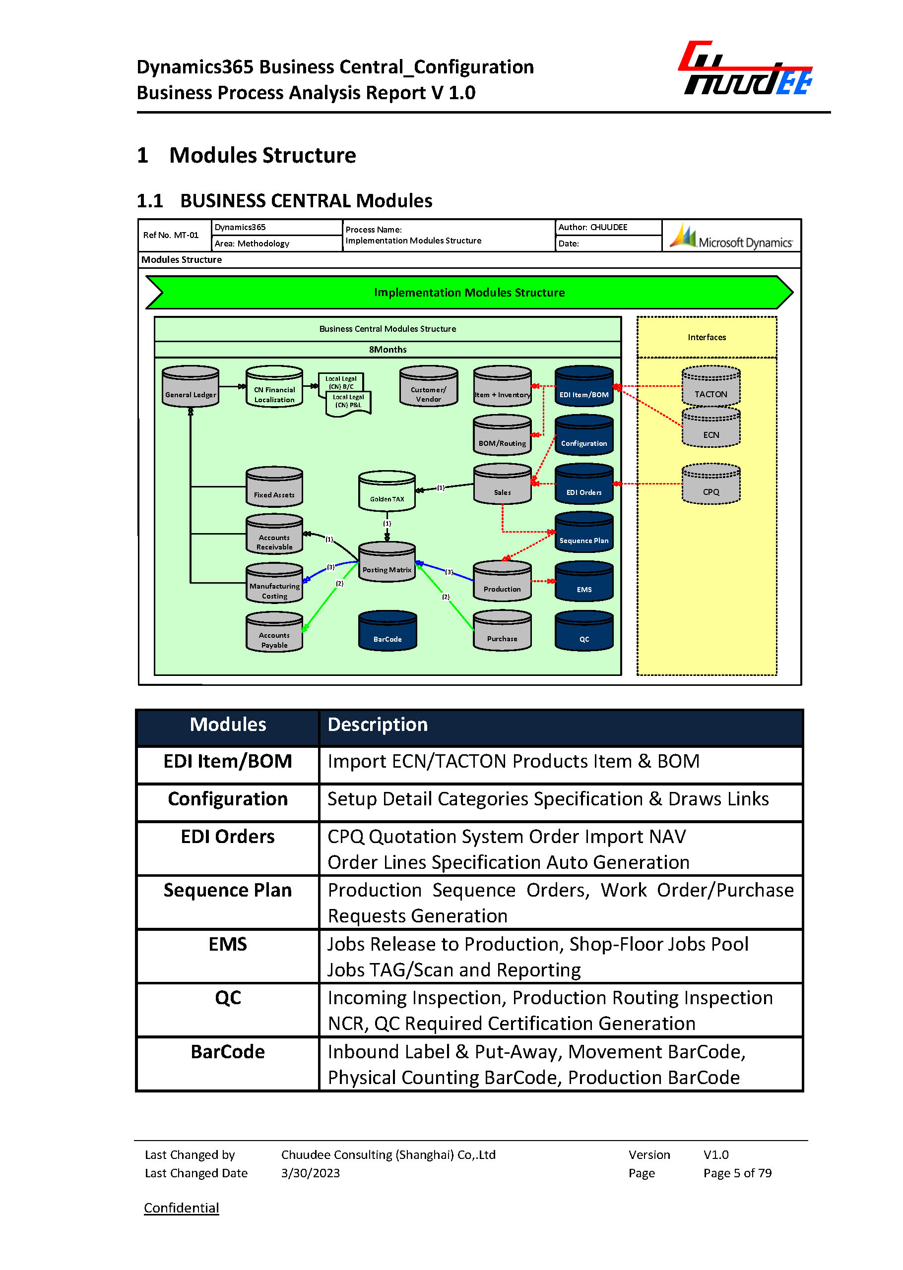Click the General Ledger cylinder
190,387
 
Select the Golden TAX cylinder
387,491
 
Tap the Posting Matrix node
387,562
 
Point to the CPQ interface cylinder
710,484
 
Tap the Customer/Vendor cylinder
428,387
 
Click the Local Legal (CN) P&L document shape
349,402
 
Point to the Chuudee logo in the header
746,69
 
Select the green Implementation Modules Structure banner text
469,293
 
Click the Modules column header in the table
227,725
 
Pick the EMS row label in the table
227,944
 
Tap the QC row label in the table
227,998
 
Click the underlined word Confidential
181,1208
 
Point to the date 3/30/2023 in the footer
310,1173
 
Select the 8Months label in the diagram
387,350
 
